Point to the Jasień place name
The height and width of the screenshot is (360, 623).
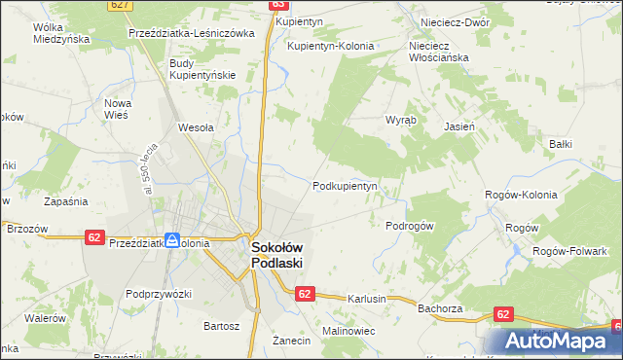(458, 126)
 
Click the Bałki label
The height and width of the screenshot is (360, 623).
(560, 144)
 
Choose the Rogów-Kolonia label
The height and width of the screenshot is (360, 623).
(521, 195)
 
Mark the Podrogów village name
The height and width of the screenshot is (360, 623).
(409, 225)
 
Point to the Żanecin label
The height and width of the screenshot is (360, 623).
(291, 341)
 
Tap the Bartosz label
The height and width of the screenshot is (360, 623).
(220, 325)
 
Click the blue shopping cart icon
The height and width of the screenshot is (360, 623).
(172, 239)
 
